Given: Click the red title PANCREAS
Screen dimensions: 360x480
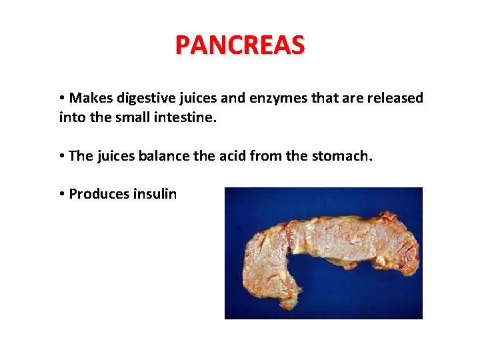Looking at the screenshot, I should tap(240, 45).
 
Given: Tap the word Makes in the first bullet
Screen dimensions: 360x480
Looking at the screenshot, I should tap(91, 98).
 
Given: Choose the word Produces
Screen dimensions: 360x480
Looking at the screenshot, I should tap(99, 194).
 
